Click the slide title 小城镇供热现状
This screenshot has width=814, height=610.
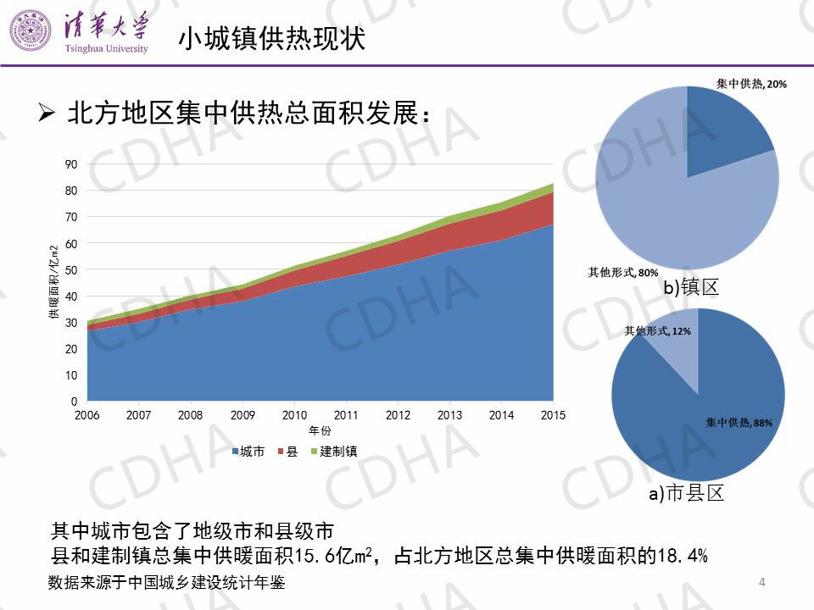pyautogui.click(x=271, y=38)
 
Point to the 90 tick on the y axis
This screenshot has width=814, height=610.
pyautogui.click(x=70, y=164)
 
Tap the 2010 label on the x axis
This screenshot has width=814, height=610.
pyautogui.click(x=294, y=416)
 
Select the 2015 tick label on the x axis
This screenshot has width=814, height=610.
pyautogui.click(x=553, y=416)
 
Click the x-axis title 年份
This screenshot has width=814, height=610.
pyautogui.click(x=321, y=431)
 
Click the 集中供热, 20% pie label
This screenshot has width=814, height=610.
pyautogui.click(x=751, y=84)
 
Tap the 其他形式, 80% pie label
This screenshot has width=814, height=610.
pyautogui.click(x=623, y=273)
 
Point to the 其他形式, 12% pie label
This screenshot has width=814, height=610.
pyautogui.click(x=657, y=330)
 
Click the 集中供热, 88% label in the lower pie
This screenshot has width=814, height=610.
pyautogui.click(x=739, y=422)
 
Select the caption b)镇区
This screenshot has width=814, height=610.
pyautogui.click(x=691, y=289)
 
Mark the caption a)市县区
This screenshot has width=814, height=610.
pyautogui.click(x=687, y=493)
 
